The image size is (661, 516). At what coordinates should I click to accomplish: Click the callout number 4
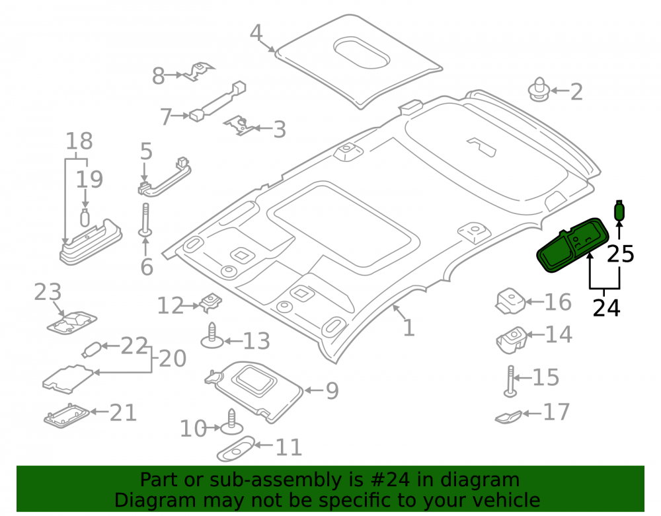pyautogui.click(x=256, y=32)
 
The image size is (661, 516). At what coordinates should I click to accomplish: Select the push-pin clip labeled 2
pyautogui.click(x=539, y=89)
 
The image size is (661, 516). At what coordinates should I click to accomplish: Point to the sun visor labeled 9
pyautogui.click(x=254, y=390)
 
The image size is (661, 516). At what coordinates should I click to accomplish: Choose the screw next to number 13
pyautogui.click(x=212, y=336)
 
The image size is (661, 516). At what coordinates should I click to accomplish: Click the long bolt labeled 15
pyautogui.click(x=510, y=381)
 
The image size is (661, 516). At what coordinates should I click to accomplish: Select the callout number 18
pyautogui.click(x=79, y=141)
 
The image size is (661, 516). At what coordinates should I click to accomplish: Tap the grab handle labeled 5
pyautogui.click(x=165, y=177)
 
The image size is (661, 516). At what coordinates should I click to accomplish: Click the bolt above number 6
pyautogui.click(x=145, y=220)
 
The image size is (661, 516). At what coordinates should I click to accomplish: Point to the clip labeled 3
pyautogui.click(x=239, y=125)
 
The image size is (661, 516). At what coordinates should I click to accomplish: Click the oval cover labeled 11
pyautogui.click(x=236, y=449)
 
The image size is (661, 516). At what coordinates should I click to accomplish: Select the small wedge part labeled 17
pyautogui.click(x=508, y=417)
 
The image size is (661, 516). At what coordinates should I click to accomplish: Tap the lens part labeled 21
pyautogui.click(x=67, y=415)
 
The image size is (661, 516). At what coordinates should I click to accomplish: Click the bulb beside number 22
pyautogui.click(x=91, y=350)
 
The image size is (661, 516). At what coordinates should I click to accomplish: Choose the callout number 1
pyautogui.click(x=408, y=328)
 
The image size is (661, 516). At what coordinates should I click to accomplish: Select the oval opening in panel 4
pyautogui.click(x=362, y=53)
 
